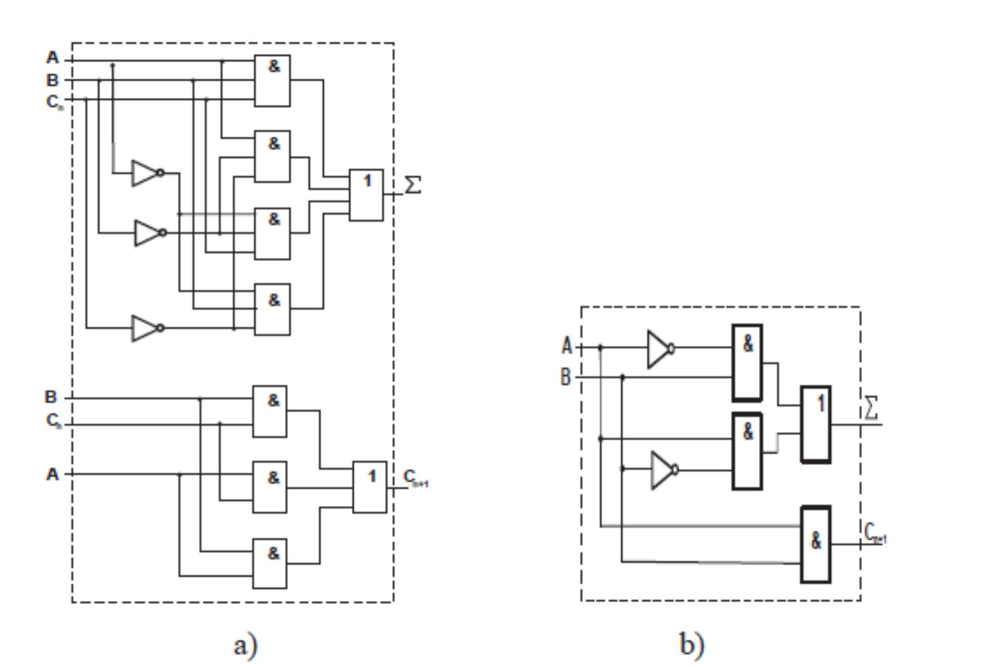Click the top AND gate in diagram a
tap(272, 80)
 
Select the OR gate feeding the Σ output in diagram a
tap(366, 194)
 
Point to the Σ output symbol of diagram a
tap(413, 185)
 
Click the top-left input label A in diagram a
tap(53, 58)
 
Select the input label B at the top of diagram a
tap(53, 80)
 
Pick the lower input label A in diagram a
tap(53, 474)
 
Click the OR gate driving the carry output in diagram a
tap(370, 487)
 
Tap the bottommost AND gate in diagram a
tap(270, 564)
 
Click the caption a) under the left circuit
tap(245, 645)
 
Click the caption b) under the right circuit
tap(692, 644)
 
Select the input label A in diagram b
tap(566, 346)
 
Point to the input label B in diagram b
tap(565, 377)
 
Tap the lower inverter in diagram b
tap(664, 470)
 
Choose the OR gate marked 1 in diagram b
tap(816, 424)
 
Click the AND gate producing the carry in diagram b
tap(816, 544)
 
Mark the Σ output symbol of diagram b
tap(872, 408)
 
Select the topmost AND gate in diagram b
tap(748, 363)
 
